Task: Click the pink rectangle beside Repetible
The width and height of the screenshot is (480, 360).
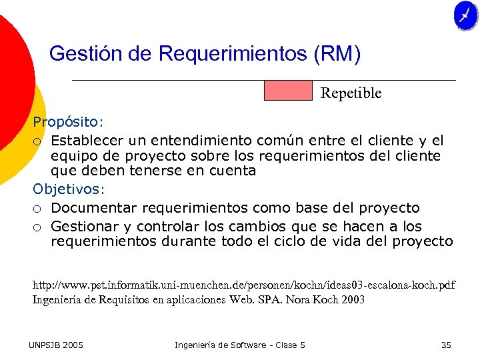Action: click(x=288, y=91)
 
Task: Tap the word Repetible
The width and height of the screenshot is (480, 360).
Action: click(x=351, y=93)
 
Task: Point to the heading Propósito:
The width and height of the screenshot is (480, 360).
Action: click(x=69, y=123)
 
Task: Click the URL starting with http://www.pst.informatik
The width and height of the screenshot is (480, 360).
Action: click(x=244, y=285)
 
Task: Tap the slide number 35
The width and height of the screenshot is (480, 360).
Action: click(x=446, y=345)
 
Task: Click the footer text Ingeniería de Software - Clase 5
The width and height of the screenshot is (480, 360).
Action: click(x=240, y=345)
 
